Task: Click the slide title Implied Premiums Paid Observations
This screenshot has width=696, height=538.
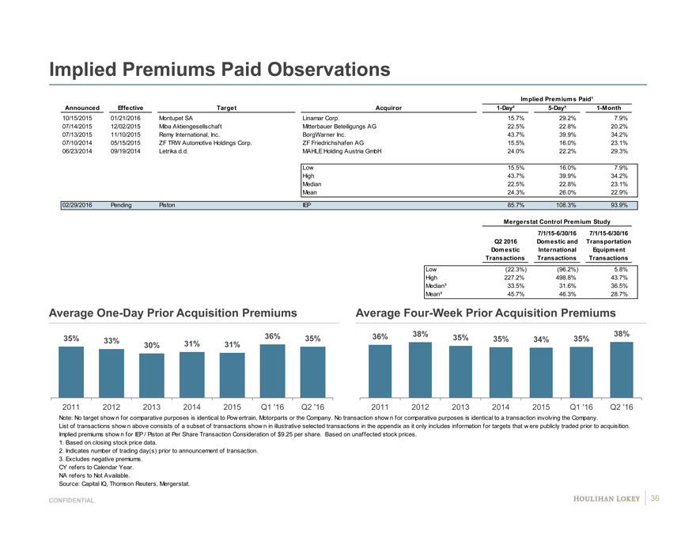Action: point(220,70)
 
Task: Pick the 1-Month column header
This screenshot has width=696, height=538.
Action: point(612,108)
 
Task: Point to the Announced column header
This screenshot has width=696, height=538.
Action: point(82,108)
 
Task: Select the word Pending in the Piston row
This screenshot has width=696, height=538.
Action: point(122,205)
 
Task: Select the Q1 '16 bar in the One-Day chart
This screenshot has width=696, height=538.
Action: point(272,371)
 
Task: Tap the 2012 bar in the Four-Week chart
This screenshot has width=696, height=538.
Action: point(420,369)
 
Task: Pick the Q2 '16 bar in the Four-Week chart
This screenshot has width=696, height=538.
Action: point(621,369)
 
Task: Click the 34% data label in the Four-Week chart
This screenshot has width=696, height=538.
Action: point(541,339)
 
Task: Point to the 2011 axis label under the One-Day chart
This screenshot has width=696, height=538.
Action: point(71,407)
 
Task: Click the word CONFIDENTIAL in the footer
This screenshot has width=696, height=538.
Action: point(71,501)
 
